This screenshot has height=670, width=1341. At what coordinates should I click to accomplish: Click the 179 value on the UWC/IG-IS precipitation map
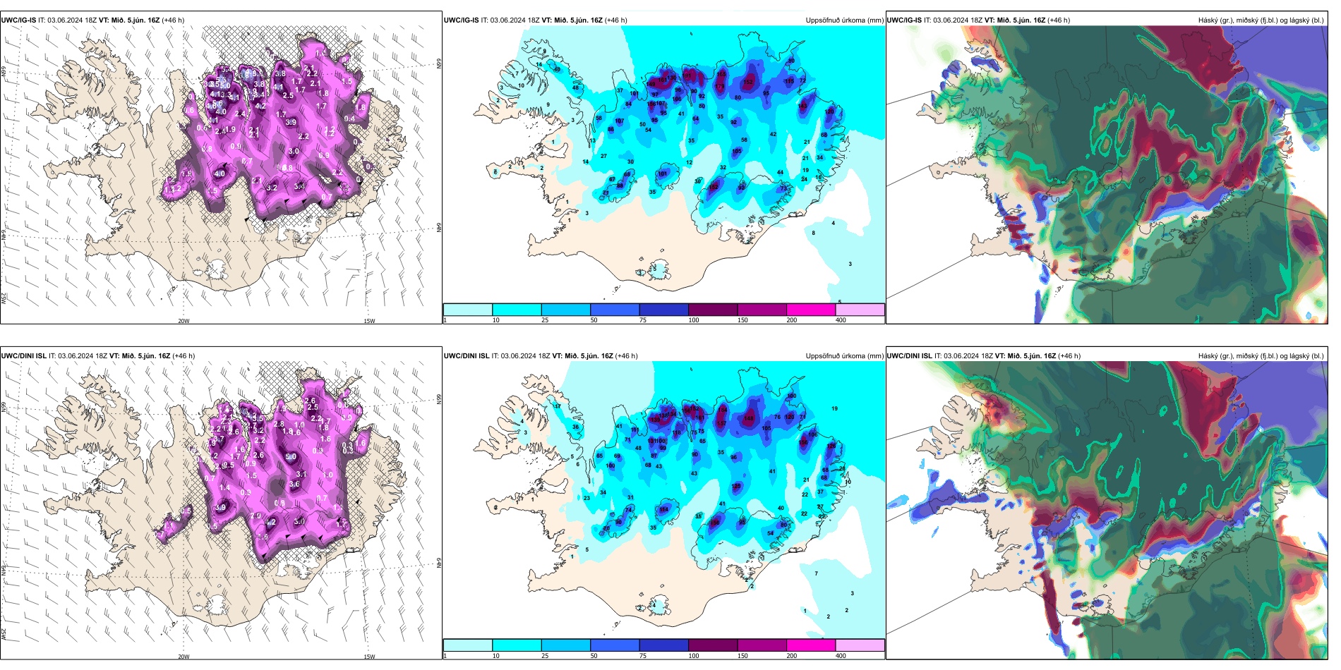(719, 87)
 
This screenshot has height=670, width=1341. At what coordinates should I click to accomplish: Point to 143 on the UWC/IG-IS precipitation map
(802, 106)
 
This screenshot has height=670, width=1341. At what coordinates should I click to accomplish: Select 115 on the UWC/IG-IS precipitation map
(789, 81)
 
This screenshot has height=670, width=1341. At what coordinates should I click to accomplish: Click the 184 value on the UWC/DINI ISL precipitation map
(722, 410)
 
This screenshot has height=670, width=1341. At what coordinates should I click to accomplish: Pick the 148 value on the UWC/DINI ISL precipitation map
(749, 418)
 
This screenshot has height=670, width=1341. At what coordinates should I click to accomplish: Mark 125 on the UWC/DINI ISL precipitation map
(737, 487)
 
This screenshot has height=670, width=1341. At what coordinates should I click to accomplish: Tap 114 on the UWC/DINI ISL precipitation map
(663, 509)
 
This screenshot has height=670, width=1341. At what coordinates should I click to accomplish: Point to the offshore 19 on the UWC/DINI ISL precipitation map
(834, 408)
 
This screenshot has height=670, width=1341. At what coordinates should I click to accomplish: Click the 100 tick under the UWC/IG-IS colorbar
(694, 320)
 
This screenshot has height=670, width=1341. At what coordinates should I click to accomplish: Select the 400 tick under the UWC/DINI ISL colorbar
(841, 656)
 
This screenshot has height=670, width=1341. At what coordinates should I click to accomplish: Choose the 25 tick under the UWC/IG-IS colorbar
(545, 320)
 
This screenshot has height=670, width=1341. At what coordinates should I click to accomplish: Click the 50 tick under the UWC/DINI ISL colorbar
(594, 656)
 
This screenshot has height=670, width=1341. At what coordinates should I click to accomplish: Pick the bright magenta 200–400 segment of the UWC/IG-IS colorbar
(811, 310)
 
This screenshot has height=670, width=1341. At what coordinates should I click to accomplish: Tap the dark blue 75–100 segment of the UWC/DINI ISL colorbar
(663, 645)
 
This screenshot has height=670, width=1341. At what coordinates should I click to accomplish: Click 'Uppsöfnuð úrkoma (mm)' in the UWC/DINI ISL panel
(844, 356)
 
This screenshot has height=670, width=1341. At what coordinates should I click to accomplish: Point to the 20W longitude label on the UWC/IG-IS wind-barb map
(184, 321)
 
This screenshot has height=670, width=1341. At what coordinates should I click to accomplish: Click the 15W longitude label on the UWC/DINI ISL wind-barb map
(369, 657)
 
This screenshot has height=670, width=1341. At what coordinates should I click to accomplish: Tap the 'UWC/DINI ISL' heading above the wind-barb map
(24, 356)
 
